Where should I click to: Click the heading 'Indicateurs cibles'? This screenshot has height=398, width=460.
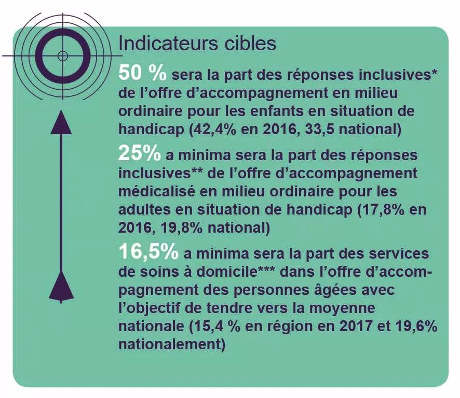point(197,44)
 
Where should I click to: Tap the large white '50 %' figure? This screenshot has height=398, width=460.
point(142,73)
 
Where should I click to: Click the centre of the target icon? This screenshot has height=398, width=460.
point(63,55)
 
